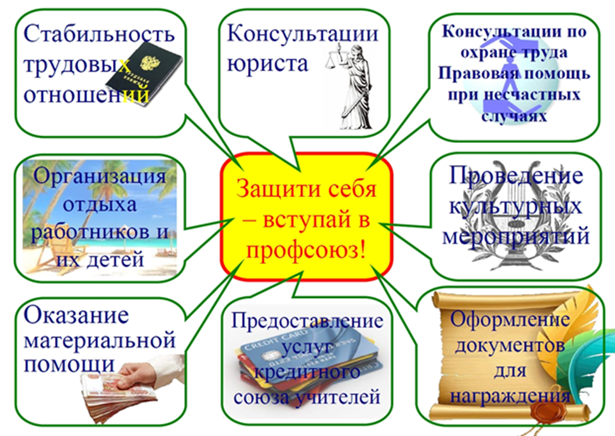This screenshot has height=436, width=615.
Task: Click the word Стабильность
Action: click(x=99, y=33)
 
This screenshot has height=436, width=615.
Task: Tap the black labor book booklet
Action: click(x=144, y=74)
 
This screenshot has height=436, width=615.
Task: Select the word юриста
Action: click(x=268, y=62)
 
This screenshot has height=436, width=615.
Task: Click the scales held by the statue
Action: click(x=336, y=58)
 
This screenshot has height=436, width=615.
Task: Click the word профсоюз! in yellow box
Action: click(x=305, y=250)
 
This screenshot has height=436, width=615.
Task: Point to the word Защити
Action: click(x=274, y=189)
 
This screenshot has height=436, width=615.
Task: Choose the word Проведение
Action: click(x=516, y=175)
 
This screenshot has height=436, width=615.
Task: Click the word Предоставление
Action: click(x=307, y=321)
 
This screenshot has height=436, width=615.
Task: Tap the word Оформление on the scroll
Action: click(x=510, y=319)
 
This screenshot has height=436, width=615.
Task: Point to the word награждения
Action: click(x=510, y=396)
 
